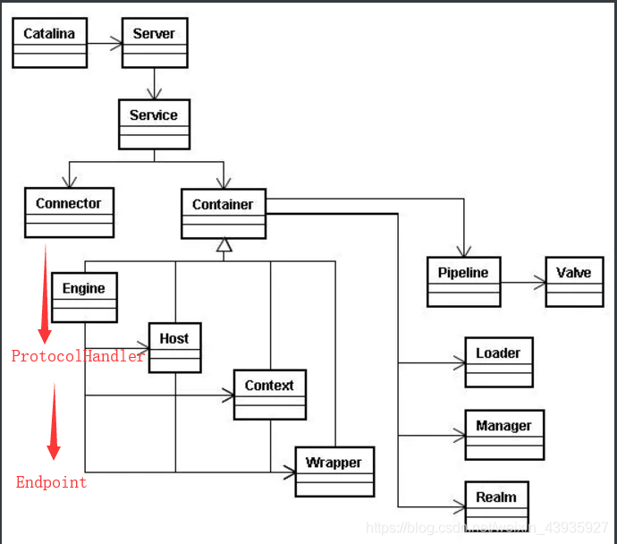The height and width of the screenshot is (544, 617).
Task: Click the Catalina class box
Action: click(x=49, y=43)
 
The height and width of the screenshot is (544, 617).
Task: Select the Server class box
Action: click(x=154, y=43)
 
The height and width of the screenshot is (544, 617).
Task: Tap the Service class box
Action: click(x=154, y=124)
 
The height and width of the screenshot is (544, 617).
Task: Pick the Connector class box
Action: click(x=69, y=213)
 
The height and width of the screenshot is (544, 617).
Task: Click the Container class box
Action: click(x=223, y=214)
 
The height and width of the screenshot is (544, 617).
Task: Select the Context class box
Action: click(x=269, y=395)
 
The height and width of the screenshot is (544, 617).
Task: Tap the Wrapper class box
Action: click(x=334, y=472)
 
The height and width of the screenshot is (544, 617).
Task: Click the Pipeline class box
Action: click(x=463, y=282)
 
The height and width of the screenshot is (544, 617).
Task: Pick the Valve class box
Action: click(x=574, y=282)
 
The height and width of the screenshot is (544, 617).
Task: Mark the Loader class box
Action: click(x=498, y=362)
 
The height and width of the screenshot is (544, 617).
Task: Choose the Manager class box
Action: click(x=503, y=435)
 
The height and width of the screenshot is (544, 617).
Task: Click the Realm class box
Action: click(x=496, y=506)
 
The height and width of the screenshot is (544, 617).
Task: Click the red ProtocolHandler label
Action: click(x=78, y=356)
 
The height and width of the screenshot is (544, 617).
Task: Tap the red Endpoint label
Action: click(x=52, y=482)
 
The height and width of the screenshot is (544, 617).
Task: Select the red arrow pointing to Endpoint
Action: click(x=53, y=421)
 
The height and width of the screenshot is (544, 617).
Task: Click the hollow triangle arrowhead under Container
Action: click(x=224, y=244)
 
